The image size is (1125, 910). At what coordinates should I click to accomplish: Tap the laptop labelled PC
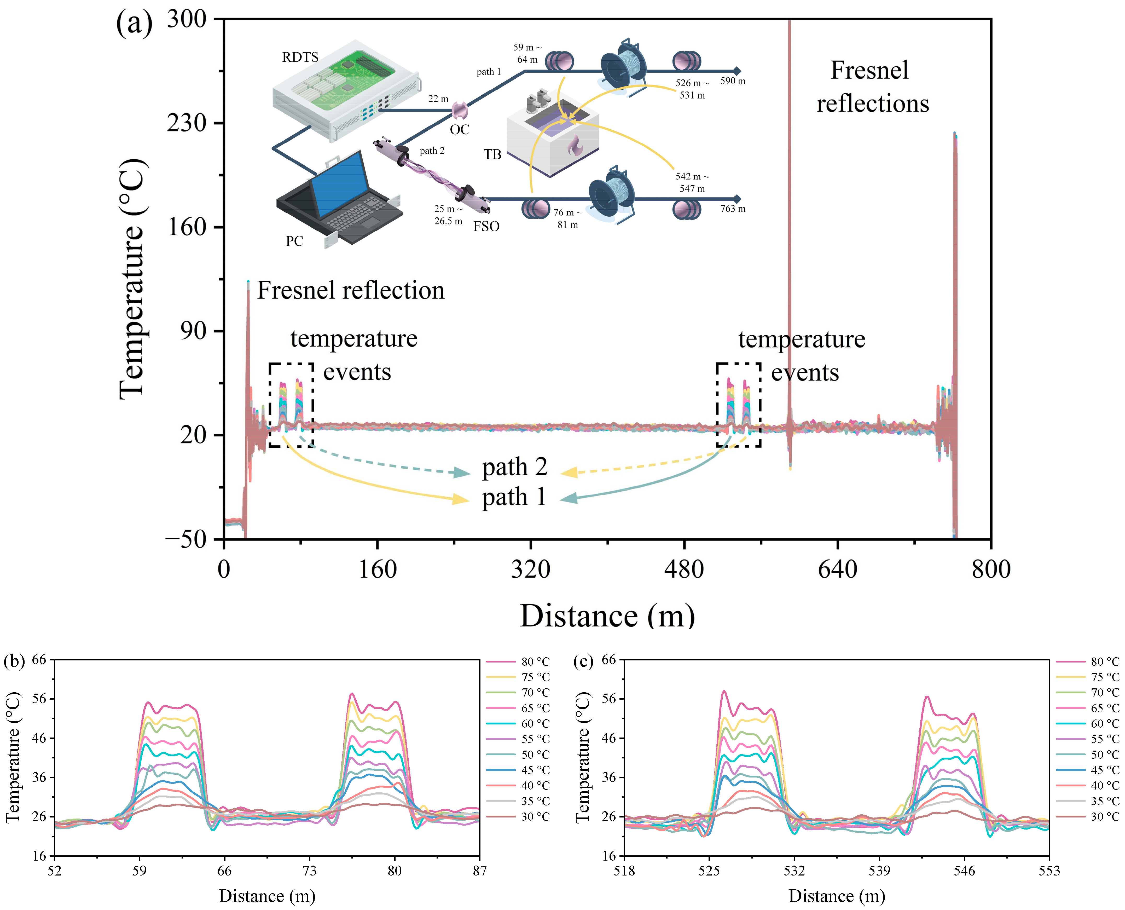tap(341, 199)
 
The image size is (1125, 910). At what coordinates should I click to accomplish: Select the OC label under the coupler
tap(460, 129)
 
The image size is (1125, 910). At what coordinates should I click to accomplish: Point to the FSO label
tap(486, 226)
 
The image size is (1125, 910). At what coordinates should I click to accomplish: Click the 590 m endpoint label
tap(733, 81)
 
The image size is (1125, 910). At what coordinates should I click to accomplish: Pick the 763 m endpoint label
tap(733, 209)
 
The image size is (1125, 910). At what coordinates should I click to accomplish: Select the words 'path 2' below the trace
tap(514, 466)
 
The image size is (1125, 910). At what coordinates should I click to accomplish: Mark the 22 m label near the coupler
tap(438, 99)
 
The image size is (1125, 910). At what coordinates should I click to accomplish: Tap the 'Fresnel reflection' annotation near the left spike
tap(351, 290)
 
